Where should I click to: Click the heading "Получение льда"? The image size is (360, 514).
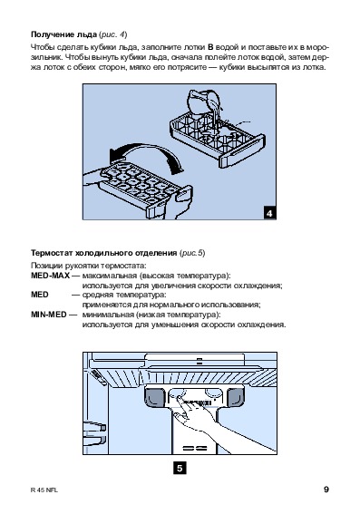click(64, 34)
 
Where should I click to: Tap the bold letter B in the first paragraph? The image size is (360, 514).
click(210, 47)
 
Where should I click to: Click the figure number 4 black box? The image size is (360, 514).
click(269, 213)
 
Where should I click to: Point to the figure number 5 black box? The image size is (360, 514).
click(180, 468)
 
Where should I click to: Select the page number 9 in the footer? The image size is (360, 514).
click(326, 490)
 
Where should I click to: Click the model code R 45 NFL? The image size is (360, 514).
click(44, 490)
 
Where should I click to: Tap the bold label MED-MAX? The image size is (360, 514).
click(50, 276)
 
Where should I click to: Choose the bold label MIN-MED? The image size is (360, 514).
click(49, 315)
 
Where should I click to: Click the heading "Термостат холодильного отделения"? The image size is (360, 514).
click(104, 253)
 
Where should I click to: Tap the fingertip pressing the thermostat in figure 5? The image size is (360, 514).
click(179, 398)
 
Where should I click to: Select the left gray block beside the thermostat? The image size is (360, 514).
click(154, 397)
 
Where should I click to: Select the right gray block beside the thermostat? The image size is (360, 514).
click(236, 397)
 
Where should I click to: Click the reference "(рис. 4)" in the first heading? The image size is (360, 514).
click(112, 34)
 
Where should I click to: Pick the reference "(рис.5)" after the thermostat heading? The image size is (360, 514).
click(192, 253)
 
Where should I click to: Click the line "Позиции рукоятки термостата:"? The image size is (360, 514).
click(89, 266)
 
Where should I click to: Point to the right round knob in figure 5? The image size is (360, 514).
click(213, 393)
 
